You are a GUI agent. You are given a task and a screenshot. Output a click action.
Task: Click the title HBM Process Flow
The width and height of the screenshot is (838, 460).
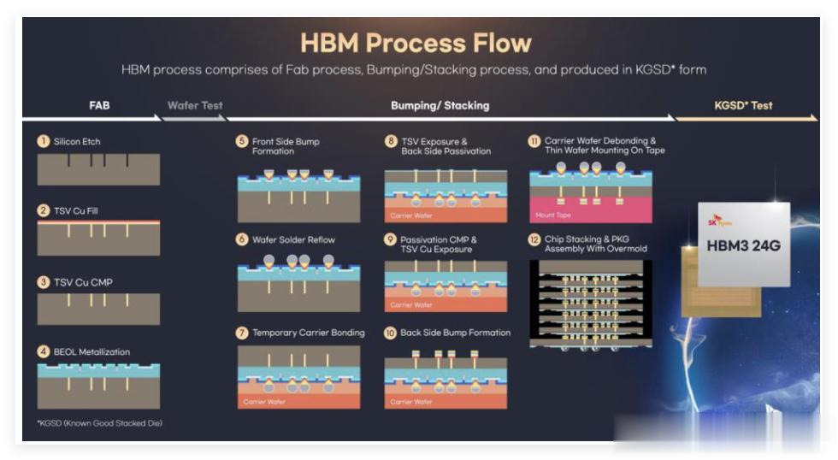(416, 43)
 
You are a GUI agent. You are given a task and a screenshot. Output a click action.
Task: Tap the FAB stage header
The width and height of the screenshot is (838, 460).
(99, 106)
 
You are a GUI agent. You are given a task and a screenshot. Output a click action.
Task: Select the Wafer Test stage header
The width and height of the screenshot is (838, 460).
(195, 106)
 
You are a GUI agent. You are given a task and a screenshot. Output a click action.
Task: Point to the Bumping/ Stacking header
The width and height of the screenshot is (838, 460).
(440, 106)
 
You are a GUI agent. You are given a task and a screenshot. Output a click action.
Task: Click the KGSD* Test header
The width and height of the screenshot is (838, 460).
(743, 106)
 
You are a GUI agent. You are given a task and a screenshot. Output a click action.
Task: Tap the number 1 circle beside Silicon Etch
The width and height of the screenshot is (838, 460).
(43, 141)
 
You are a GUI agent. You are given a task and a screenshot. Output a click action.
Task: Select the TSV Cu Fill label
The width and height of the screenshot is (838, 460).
(82, 210)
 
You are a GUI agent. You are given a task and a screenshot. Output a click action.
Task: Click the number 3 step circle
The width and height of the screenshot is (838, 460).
(43, 281)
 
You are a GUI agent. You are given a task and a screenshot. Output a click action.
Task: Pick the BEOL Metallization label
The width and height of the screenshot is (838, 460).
(91, 351)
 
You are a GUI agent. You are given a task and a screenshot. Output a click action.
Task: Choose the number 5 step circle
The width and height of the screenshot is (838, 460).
(242, 141)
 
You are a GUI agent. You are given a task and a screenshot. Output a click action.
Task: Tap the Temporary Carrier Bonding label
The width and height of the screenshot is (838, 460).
(309, 333)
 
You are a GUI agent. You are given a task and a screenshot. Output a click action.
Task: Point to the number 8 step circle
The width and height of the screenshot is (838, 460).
(390, 141)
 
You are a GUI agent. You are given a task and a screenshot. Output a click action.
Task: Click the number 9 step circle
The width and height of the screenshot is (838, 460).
(390, 240)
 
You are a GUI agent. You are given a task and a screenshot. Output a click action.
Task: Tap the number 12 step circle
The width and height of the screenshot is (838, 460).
(534, 240)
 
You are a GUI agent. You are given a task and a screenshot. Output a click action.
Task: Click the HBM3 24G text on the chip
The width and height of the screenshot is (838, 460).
(743, 246)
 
